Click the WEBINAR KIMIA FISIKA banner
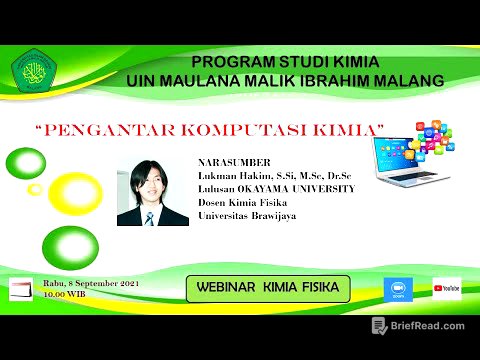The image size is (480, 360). point(269,289)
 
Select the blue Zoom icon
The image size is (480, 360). point(398,289)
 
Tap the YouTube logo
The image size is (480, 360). point(447,288)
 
